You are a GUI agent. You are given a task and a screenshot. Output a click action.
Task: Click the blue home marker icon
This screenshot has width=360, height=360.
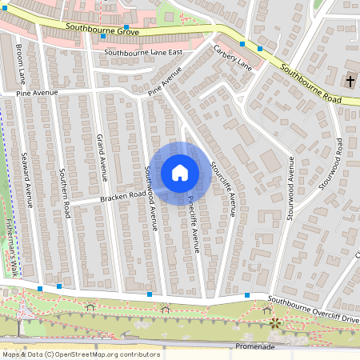click(180, 172)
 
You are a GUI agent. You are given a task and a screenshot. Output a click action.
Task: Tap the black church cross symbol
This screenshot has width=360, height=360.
click(350, 81)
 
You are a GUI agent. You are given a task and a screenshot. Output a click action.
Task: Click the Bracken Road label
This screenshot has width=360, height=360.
click(123, 195)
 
